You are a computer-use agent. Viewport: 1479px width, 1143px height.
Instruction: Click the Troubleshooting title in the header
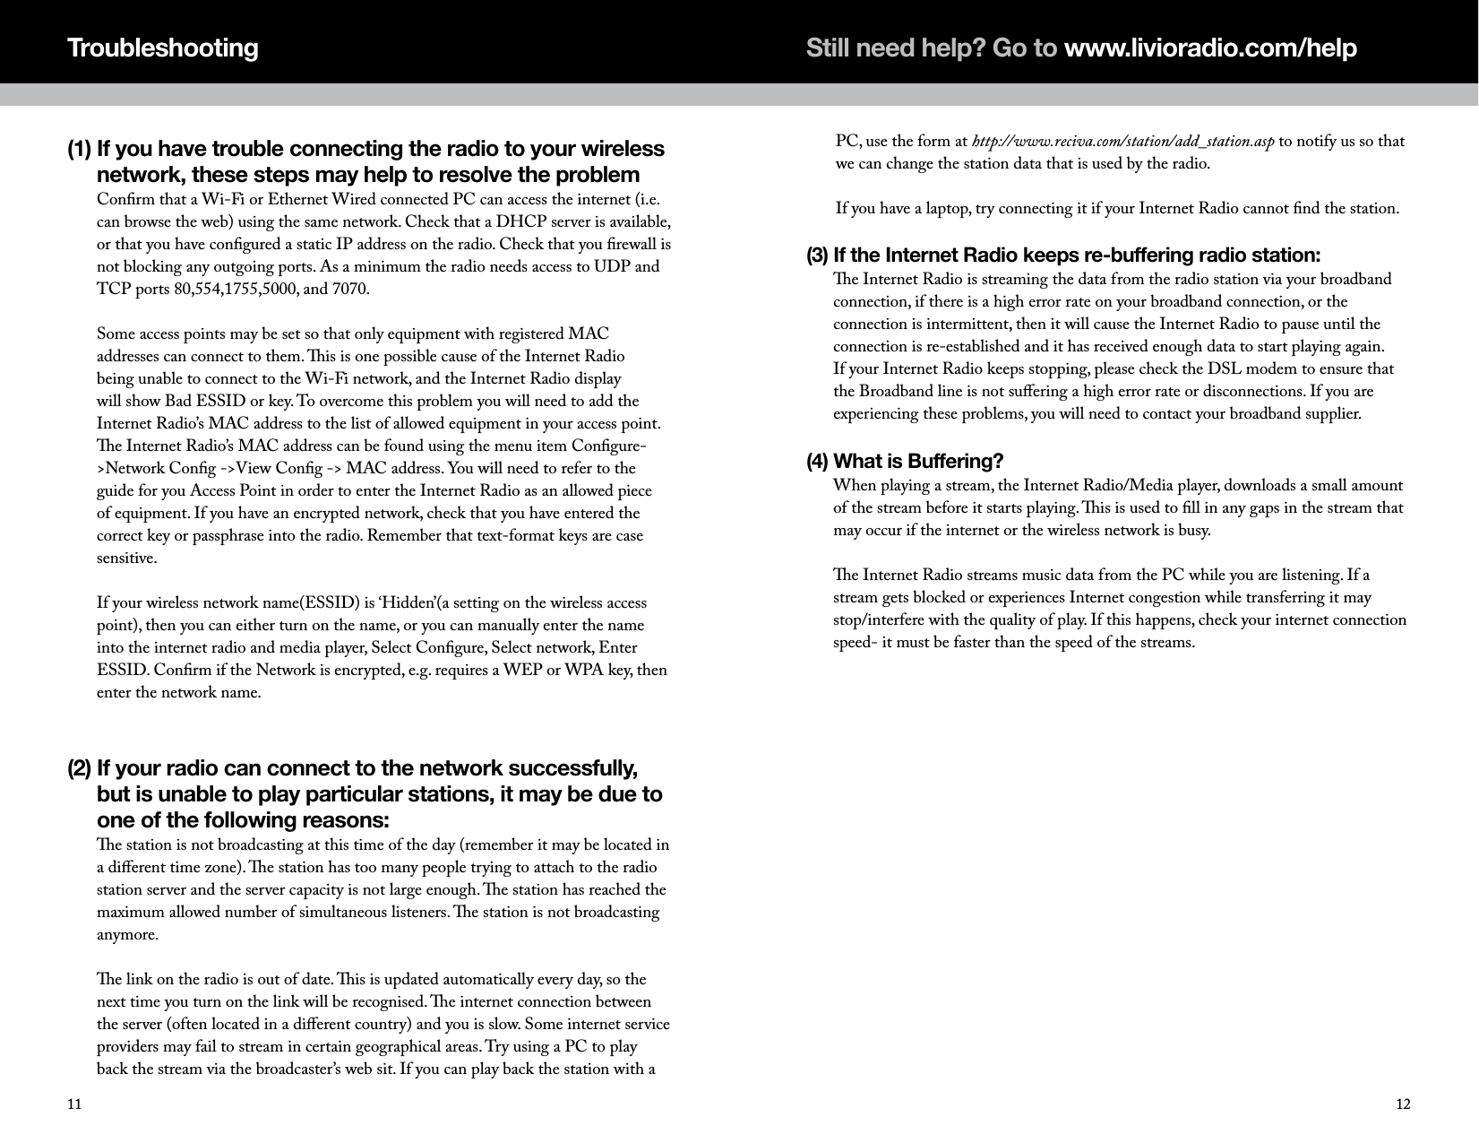click(163, 48)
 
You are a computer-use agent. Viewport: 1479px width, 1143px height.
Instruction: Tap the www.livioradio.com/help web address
click(1209, 48)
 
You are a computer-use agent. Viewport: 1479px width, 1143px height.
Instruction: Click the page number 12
click(1403, 1104)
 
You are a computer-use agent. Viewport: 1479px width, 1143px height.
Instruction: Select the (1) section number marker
click(79, 148)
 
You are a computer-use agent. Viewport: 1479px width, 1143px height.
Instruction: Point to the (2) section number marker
click(79, 769)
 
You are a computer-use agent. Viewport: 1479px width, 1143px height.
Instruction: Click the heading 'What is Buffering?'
click(918, 462)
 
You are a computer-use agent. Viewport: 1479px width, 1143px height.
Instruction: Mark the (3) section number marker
click(817, 255)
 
